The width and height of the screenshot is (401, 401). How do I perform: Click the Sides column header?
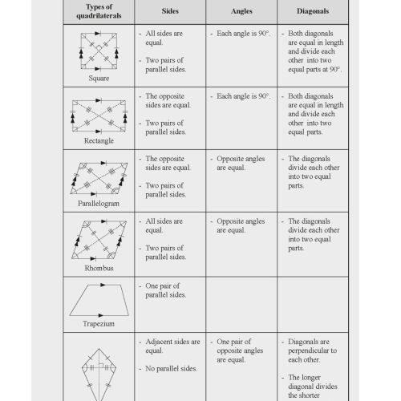click(x=170, y=12)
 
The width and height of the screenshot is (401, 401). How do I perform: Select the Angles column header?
click(x=241, y=12)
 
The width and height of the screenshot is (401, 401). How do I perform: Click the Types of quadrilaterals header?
click(x=97, y=12)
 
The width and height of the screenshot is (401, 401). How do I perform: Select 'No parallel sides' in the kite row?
click(x=172, y=369)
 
